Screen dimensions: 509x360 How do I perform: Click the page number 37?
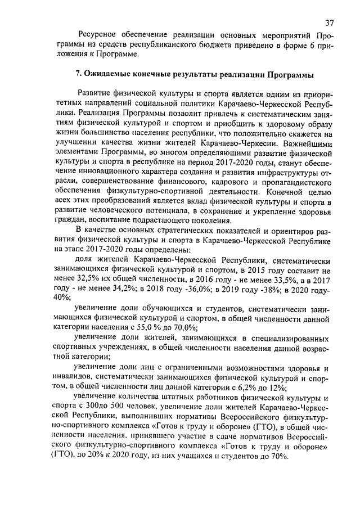tap(330, 22)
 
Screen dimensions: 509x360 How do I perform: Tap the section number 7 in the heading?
tap(79, 74)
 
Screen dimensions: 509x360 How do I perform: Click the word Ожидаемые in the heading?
tap(109, 74)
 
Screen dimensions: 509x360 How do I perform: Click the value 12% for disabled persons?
tap(273, 387)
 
